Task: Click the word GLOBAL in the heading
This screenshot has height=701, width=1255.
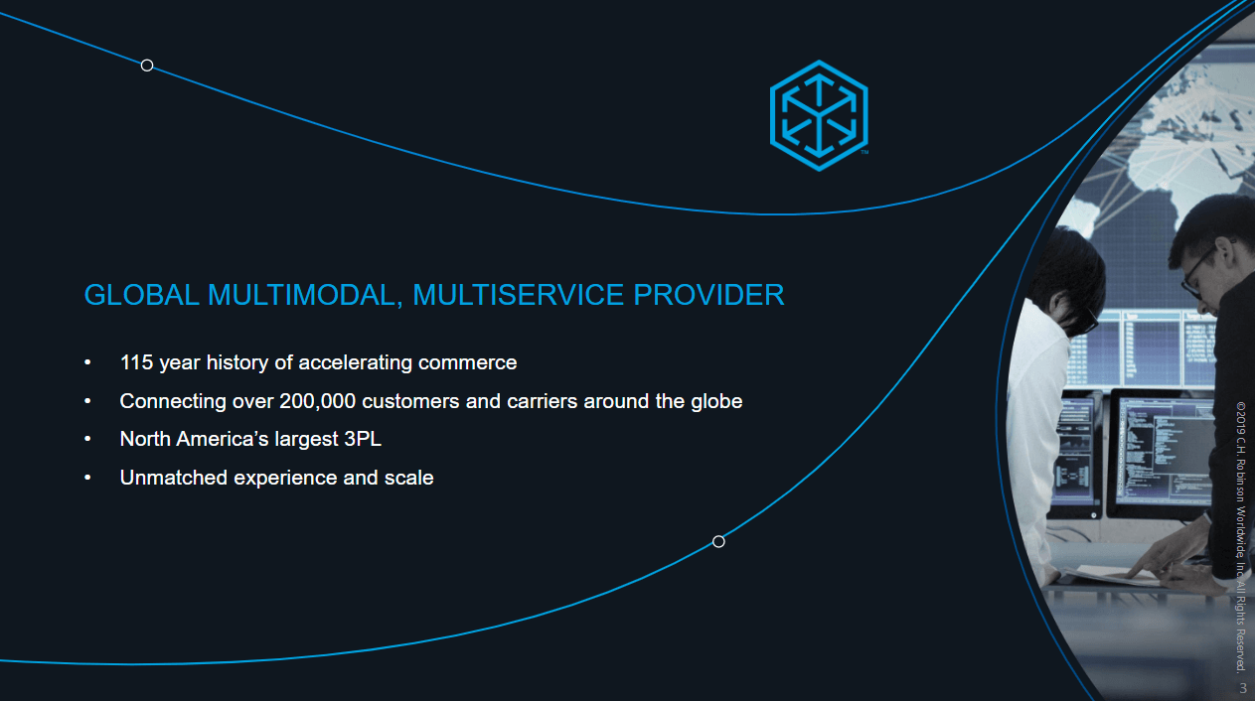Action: click(141, 295)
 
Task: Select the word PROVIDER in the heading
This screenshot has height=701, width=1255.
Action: click(708, 295)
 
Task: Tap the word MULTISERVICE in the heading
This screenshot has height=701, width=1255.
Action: click(519, 295)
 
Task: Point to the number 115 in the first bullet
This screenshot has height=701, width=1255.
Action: click(137, 362)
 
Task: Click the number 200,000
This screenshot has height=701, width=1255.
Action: click(317, 401)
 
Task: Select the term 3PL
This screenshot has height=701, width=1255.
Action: click(363, 439)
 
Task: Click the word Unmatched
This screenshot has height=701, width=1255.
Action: click(174, 478)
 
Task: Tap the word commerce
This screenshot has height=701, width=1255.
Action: click(467, 362)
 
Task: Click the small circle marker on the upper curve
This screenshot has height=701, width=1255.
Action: click(147, 66)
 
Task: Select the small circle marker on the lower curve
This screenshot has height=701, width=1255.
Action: click(718, 541)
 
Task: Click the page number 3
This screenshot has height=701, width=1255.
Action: click(1243, 688)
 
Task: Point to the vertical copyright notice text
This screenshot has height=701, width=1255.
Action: click(1241, 536)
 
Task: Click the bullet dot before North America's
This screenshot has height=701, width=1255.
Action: click(87, 439)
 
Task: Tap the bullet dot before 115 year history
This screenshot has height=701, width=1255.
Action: click(87, 362)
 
